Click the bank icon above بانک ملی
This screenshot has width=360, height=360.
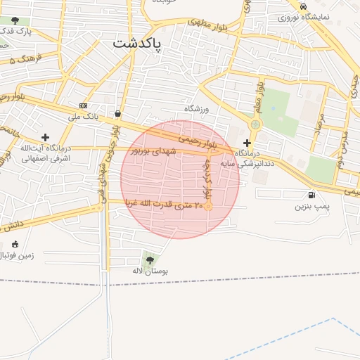[x=84, y=106]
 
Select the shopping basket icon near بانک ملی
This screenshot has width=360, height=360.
[x=117, y=113]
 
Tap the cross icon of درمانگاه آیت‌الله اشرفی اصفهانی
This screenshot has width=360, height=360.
[x=46, y=137]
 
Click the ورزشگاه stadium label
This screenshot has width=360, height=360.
[x=198, y=109]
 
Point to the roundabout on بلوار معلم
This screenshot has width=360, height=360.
[x=255, y=124]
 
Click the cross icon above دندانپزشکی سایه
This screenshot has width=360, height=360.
[x=247, y=142]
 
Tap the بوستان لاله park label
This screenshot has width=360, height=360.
[x=150, y=271]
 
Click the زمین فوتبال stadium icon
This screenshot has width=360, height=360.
[x=15, y=244]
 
